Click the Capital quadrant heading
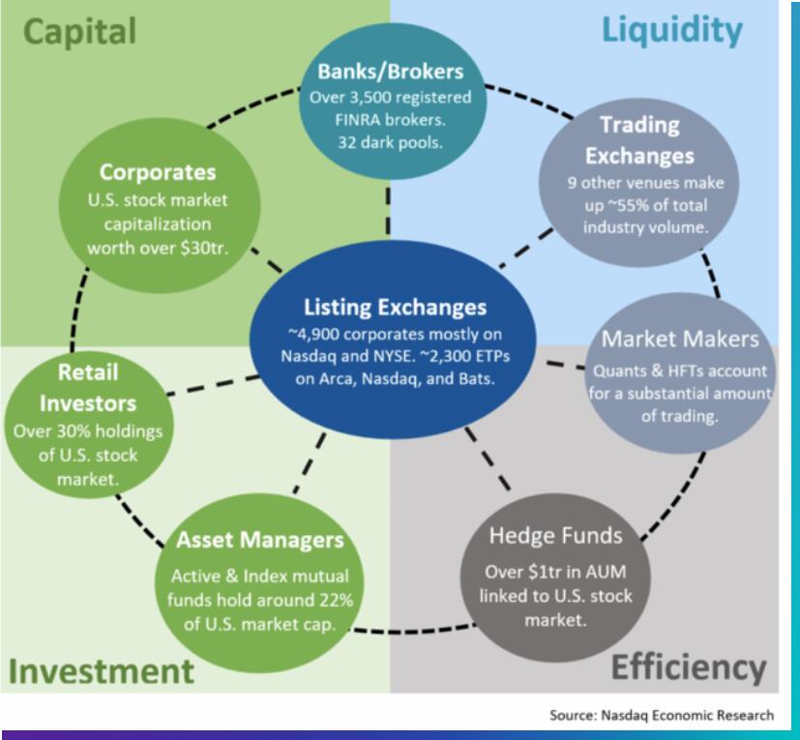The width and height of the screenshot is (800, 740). tap(80, 32)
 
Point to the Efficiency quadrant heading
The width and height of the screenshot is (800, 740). tap(689, 666)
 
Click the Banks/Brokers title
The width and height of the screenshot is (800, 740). tap(390, 72)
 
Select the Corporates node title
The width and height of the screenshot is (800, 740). tap(159, 173)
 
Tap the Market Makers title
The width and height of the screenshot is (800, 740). tap(680, 340)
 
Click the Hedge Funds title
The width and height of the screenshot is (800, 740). tap(555, 535)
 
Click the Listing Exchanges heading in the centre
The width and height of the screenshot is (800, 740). tap(394, 308)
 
